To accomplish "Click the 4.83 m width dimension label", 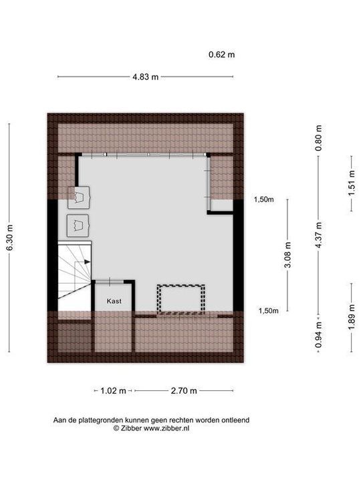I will click(146, 77).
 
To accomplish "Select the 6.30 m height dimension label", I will click(9, 237).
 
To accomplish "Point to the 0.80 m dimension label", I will click(319, 139).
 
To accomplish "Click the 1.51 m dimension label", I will click(351, 183).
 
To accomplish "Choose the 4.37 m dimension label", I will click(319, 235).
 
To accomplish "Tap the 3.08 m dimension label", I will click(287, 254).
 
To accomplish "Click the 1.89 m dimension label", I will click(351, 317).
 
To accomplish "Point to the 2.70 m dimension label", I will click(164, 390).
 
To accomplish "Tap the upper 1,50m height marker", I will click(265, 199).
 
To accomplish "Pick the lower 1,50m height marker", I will click(269, 310).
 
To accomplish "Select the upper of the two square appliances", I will click(80, 197).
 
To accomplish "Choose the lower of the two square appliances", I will click(79, 224).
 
